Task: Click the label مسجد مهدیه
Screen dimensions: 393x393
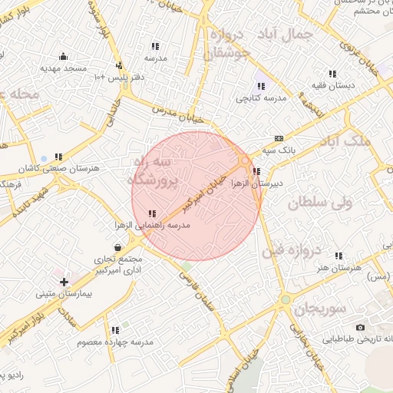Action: coord(63,69)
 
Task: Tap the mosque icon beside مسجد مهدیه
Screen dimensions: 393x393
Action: coord(63,56)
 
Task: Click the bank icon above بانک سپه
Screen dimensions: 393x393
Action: coord(278,138)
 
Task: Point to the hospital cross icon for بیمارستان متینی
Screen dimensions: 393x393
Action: coord(63,282)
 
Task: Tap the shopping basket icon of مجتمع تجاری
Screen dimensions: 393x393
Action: coord(117,247)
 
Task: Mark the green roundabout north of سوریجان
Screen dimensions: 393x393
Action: coord(286,299)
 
